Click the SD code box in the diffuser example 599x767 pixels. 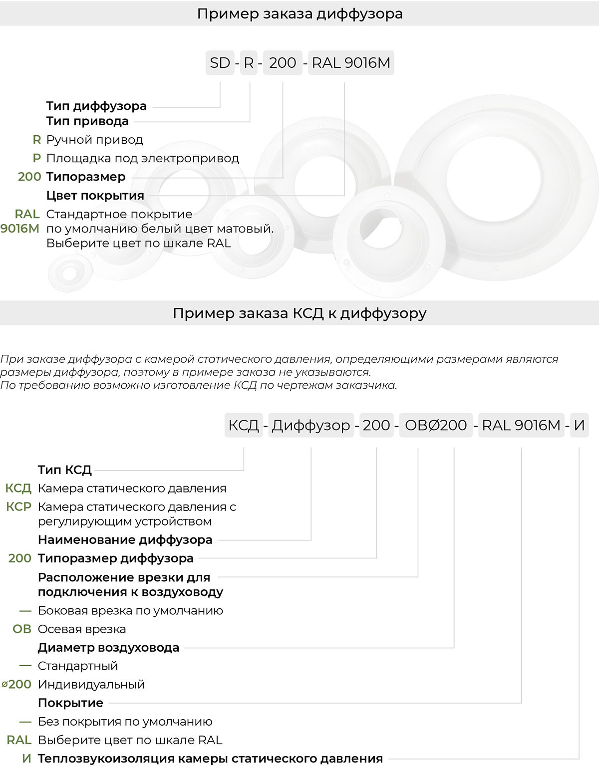coord(220,63)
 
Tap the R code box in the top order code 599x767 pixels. coord(248,63)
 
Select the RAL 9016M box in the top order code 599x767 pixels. coord(351,63)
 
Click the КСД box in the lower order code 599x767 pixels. coord(243,425)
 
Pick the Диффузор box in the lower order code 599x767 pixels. coord(310,425)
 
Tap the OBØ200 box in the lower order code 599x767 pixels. coord(436,425)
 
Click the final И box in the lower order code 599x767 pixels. coord(579,425)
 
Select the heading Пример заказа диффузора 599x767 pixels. coord(299,13)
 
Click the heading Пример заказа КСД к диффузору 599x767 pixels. coord(299,313)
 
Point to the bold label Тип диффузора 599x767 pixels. coord(96,106)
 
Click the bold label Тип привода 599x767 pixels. coord(87,121)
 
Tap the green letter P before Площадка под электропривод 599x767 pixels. coord(36,158)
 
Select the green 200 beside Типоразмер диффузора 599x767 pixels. coord(20,558)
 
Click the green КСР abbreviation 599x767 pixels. coord(19,507)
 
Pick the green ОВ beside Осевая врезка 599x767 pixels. coord(22,629)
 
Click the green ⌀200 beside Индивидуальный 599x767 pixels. coord(17,684)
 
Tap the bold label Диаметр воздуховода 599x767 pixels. coord(108,647)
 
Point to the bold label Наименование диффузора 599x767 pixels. coord(125,539)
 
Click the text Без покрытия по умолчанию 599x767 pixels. coord(125,721)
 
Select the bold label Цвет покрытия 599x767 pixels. coord(95,195)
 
